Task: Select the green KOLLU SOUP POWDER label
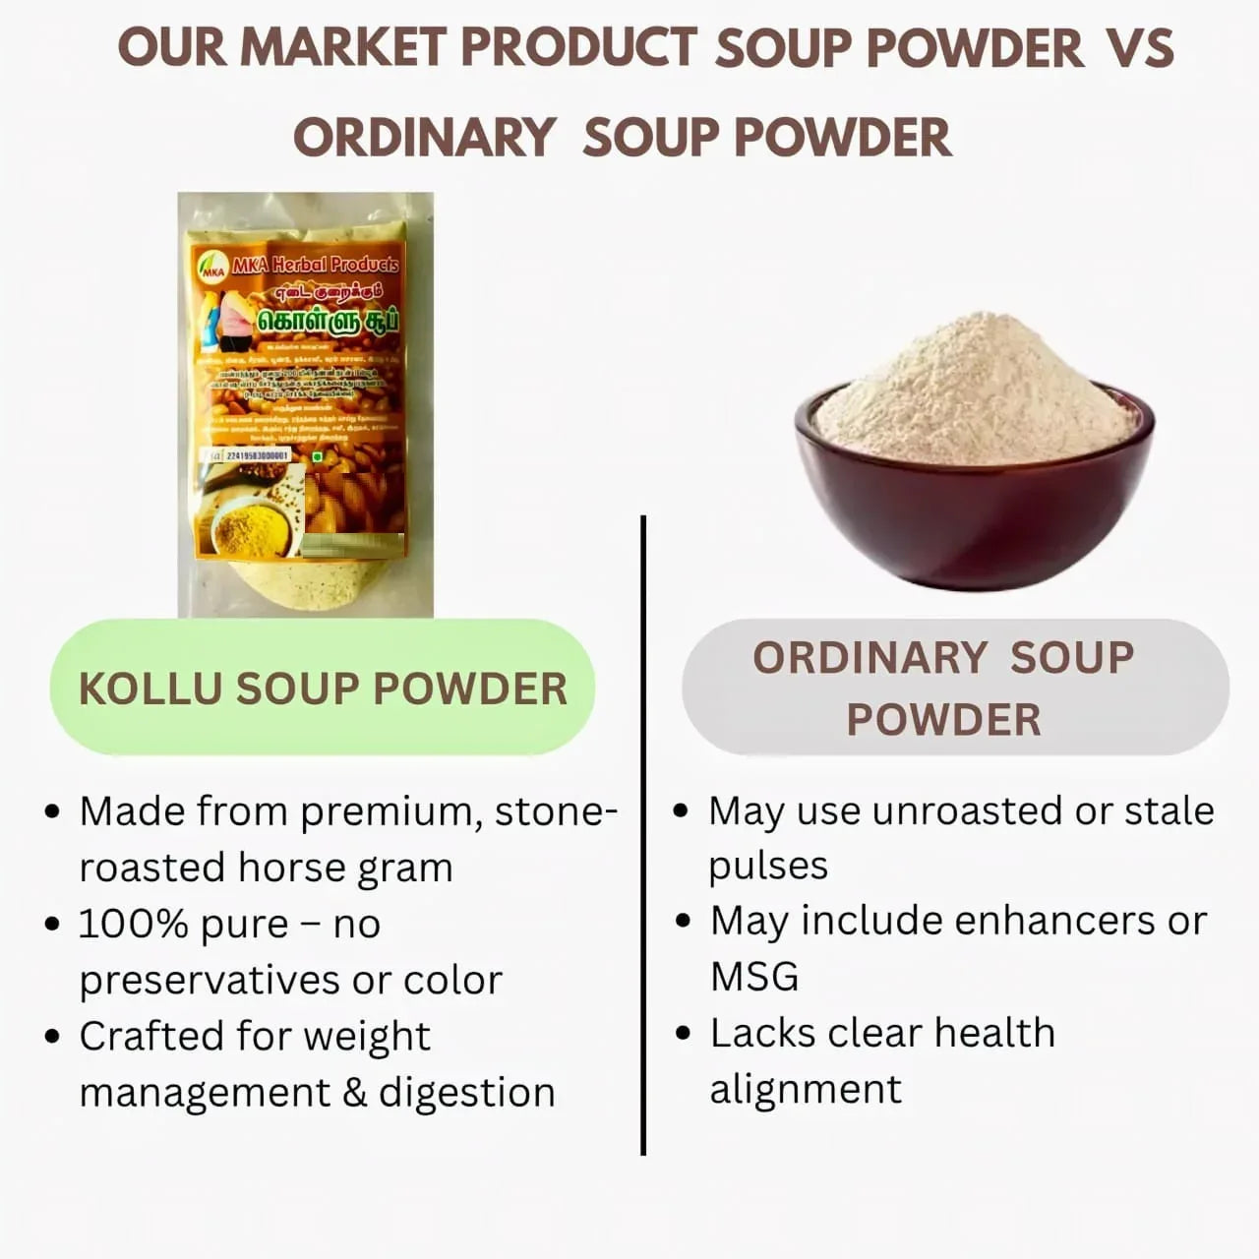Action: [323, 689]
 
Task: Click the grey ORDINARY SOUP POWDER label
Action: [954, 688]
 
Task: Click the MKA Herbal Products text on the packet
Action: [315, 265]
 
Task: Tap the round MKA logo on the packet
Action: [212, 268]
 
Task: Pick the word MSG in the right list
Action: [754, 978]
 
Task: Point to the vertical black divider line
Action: [643, 836]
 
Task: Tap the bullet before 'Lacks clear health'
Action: [684, 1034]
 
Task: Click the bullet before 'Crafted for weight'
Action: [53, 1037]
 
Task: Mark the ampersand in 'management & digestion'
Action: [355, 1093]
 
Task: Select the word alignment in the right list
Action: [806, 1090]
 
